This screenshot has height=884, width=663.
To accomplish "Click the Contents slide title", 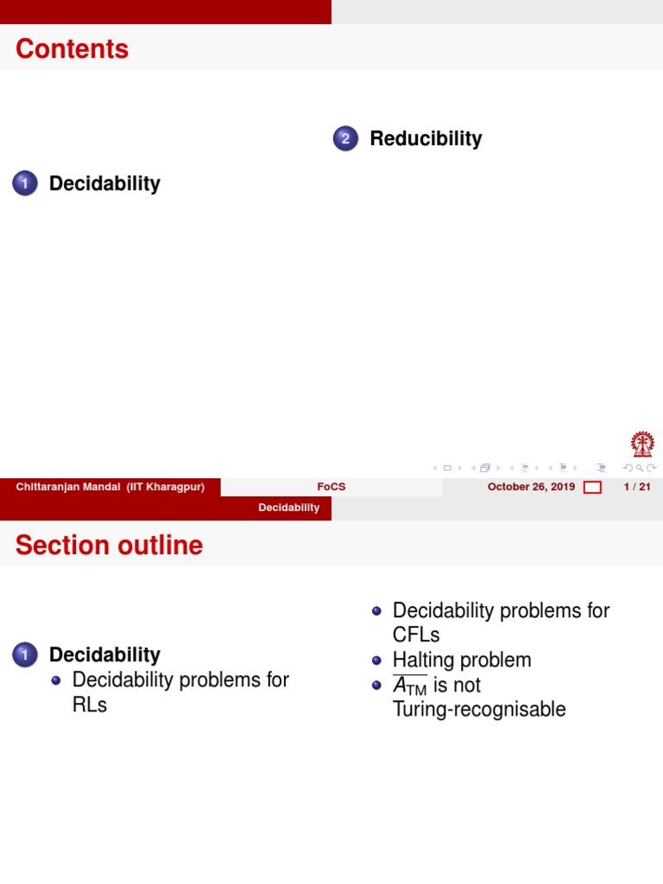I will point(72,49).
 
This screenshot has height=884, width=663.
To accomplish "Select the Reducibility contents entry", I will point(426,138).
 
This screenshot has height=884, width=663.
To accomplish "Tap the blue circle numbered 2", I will point(345,138).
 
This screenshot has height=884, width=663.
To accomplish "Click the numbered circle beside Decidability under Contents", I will point(25,183).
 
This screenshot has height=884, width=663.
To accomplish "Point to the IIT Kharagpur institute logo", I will point(642,445).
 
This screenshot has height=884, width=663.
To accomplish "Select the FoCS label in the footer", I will point(331,487).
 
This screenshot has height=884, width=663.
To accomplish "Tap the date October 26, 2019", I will point(531,487).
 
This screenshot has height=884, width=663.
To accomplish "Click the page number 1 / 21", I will point(636,487).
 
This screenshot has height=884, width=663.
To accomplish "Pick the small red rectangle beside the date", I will point(592,488).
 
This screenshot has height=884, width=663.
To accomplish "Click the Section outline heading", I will point(109,546).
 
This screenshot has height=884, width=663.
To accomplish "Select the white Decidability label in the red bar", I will point(289,508).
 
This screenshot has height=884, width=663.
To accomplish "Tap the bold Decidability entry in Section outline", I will point(104,654).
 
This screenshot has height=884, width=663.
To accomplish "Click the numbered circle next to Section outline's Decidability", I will point(25,655).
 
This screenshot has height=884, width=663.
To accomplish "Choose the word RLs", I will point(90,704).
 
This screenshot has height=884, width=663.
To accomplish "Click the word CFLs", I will point(416,635).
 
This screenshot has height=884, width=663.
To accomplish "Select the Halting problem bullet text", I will point(462,660).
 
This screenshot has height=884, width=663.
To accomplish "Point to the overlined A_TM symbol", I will point(410,685).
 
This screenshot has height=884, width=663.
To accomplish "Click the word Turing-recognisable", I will point(479,710).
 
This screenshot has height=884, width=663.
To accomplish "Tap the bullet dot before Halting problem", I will point(376,660).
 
